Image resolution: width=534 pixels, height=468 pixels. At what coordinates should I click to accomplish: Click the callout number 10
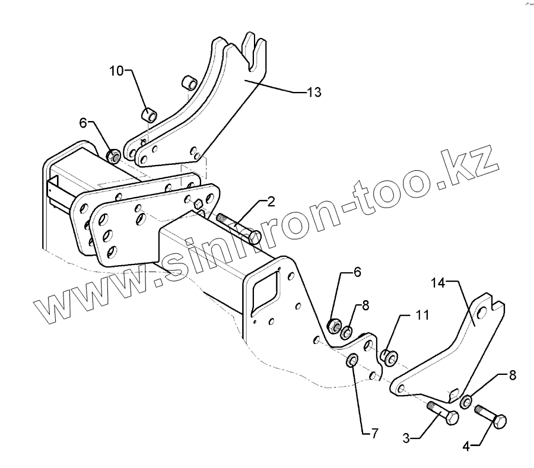coord(116,71)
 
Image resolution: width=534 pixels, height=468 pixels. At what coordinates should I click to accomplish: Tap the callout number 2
coord(271,202)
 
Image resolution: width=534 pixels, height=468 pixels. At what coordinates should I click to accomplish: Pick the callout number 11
coord(422,316)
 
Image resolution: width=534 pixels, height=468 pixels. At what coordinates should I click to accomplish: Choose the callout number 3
coord(406,440)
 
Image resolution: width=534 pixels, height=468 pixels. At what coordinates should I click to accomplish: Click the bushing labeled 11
coord(389,357)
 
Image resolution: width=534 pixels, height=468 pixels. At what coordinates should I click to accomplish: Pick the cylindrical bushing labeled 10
coord(149,114)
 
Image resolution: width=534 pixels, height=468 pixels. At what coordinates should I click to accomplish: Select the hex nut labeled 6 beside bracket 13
coord(113,156)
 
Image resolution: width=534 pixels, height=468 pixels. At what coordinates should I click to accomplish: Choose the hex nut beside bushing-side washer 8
coord(334,325)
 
